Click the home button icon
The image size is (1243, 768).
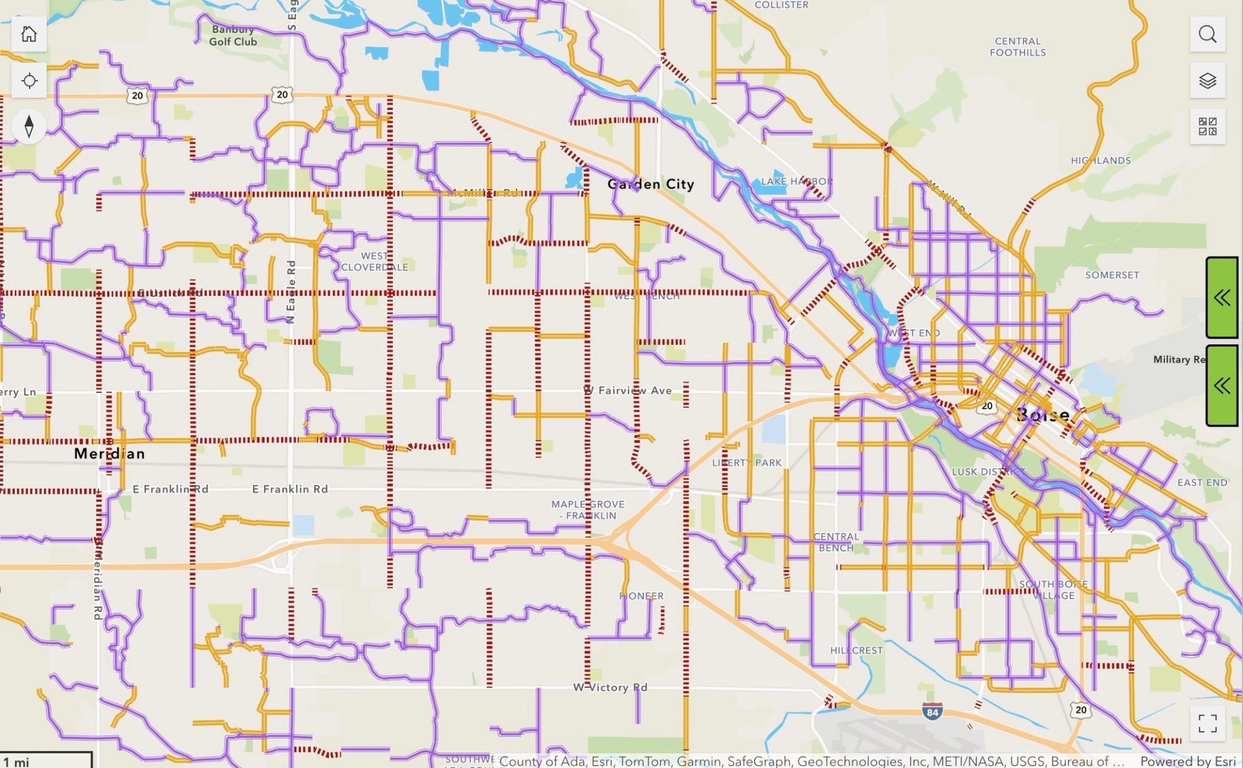pyautogui.click(x=28, y=34)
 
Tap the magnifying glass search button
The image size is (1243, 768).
pyautogui.click(x=1207, y=34)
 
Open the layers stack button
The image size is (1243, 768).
pyautogui.click(x=1207, y=81)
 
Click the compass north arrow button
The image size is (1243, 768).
pyautogui.click(x=28, y=126)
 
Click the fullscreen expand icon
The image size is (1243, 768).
pyautogui.click(x=1207, y=723)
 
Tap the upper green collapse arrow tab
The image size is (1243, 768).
pyautogui.click(x=1222, y=298)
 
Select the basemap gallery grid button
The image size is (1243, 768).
pyautogui.click(x=1207, y=126)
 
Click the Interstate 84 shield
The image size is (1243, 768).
pyautogui.click(x=932, y=712)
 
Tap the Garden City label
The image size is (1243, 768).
pyautogui.click(x=651, y=185)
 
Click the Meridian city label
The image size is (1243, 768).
pyautogui.click(x=109, y=453)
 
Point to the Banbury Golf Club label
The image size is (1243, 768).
pyautogui.click(x=233, y=36)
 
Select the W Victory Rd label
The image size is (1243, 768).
pyautogui.click(x=610, y=687)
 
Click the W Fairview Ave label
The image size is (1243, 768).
pyautogui.click(x=628, y=390)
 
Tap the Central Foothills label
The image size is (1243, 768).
pyautogui.click(x=1017, y=47)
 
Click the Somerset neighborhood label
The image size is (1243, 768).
pyautogui.click(x=1112, y=275)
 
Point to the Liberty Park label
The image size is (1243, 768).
pyautogui.click(x=747, y=463)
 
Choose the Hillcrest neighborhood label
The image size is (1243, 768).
pyautogui.click(x=856, y=650)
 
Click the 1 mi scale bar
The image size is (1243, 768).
pyautogui.click(x=45, y=760)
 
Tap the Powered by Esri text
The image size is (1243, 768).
pyautogui.click(x=1188, y=762)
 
